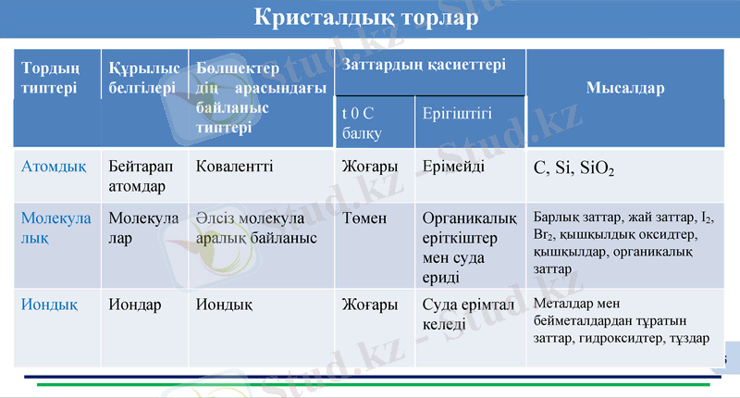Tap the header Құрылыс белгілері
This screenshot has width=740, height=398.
pyautogui.click(x=143, y=78)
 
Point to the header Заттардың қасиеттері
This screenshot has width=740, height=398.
pyautogui.click(x=424, y=66)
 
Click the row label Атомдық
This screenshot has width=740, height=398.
pyautogui.click(x=54, y=167)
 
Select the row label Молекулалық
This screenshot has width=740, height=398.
pyautogui.click(x=56, y=228)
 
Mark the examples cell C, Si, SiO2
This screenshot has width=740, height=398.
pyautogui.click(x=574, y=169)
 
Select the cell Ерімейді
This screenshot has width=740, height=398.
pyautogui.click(x=453, y=167)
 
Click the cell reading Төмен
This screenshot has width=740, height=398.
pyautogui.click(x=364, y=218)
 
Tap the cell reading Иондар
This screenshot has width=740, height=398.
pyautogui.click(x=135, y=304)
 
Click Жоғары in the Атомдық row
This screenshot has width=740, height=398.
pyautogui.click(x=370, y=167)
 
